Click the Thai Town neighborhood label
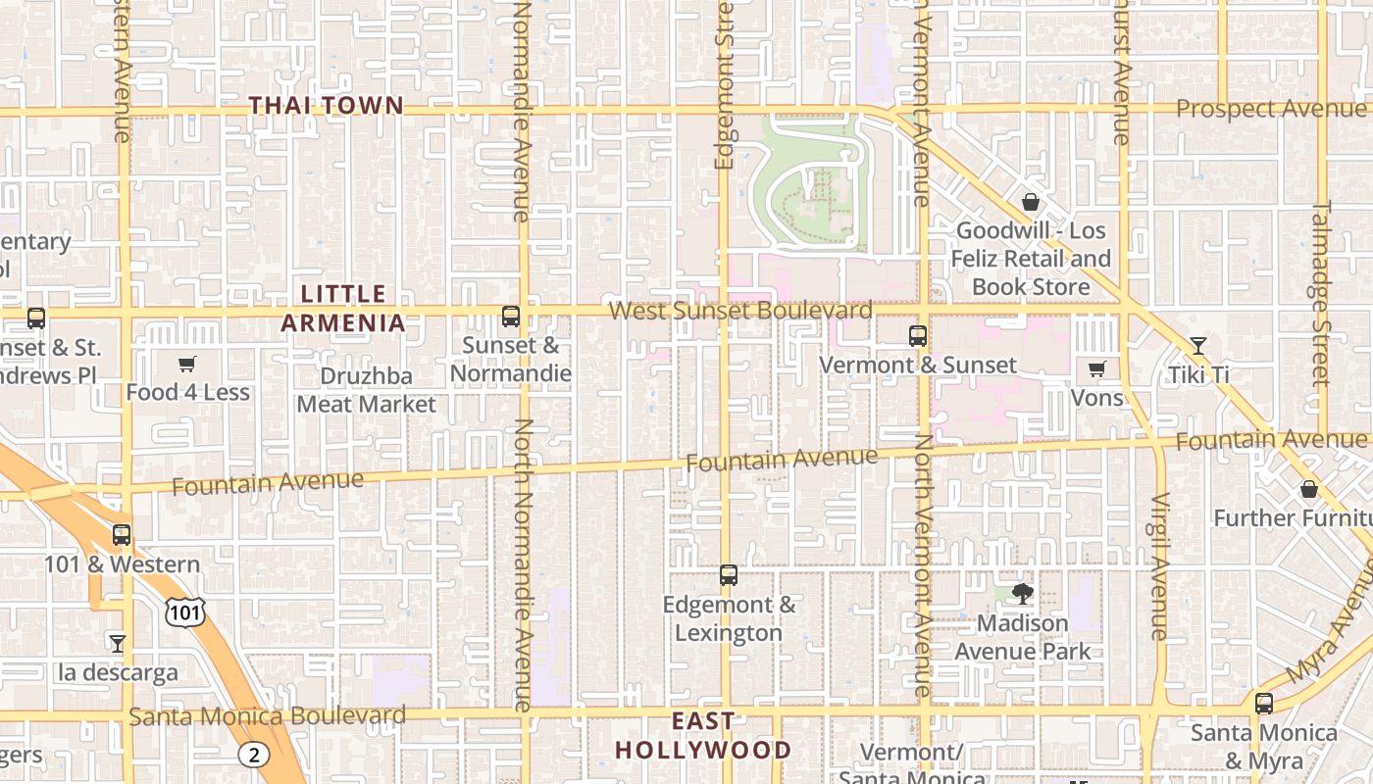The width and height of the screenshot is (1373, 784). (x=326, y=105)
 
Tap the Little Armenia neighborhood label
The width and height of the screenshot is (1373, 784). (x=343, y=308)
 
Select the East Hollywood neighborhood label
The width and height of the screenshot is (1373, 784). (x=702, y=736)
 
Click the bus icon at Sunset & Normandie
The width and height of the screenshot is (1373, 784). (x=511, y=317)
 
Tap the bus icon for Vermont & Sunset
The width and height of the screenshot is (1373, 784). (x=918, y=336)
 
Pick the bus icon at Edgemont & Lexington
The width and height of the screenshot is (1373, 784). (x=729, y=575)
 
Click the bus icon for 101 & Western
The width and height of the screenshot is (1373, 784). (x=122, y=535)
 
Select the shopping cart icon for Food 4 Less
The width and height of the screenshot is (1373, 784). (x=187, y=364)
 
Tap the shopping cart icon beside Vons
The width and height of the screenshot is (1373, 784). (x=1096, y=369)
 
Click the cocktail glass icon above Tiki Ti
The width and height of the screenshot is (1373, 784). (x=1198, y=345)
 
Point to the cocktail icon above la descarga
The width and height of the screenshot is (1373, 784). (x=118, y=644)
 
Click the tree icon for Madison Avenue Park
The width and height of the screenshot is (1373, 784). (x=1022, y=593)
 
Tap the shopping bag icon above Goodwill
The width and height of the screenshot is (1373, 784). (x=1031, y=202)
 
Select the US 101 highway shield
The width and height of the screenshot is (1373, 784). (x=184, y=612)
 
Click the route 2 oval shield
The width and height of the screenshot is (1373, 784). (x=253, y=754)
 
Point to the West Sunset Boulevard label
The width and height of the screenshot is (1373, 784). (x=740, y=311)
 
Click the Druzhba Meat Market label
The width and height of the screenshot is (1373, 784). (x=367, y=390)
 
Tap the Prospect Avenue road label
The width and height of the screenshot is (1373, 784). (x=1270, y=109)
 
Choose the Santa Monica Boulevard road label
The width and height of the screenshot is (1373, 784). (x=268, y=716)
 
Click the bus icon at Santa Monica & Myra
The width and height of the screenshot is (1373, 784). (x=1264, y=703)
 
